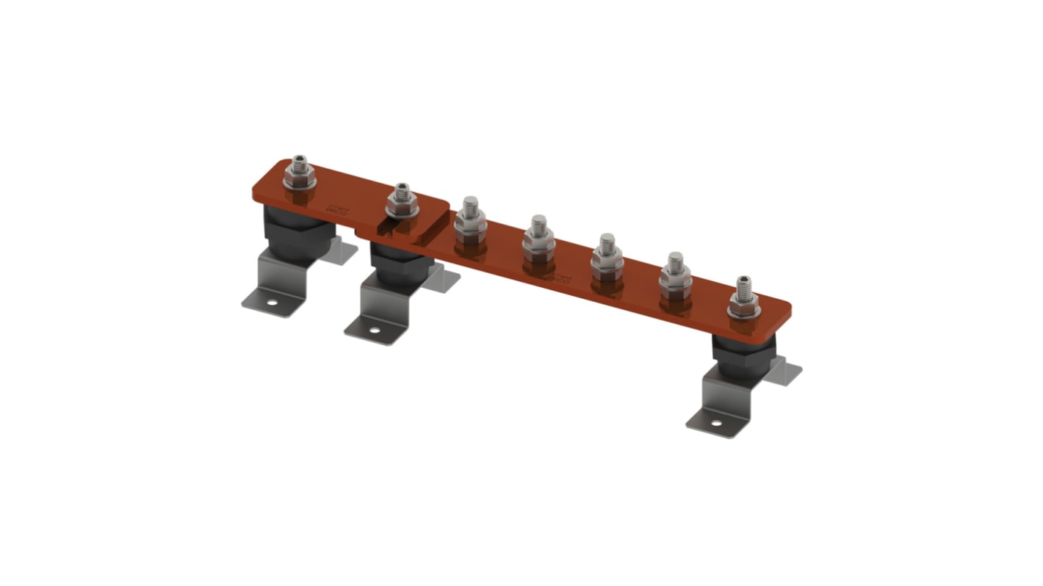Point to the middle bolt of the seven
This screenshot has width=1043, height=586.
click(x=538, y=236)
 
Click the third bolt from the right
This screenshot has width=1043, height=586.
click(x=607, y=254)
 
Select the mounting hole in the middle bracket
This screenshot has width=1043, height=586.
click(x=375, y=330)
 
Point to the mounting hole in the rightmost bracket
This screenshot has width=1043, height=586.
click(x=717, y=423)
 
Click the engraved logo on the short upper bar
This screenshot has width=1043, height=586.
click(x=339, y=209)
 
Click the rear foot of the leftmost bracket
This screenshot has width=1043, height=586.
click(x=344, y=250)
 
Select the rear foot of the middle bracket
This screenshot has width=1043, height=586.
click(x=447, y=280)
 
